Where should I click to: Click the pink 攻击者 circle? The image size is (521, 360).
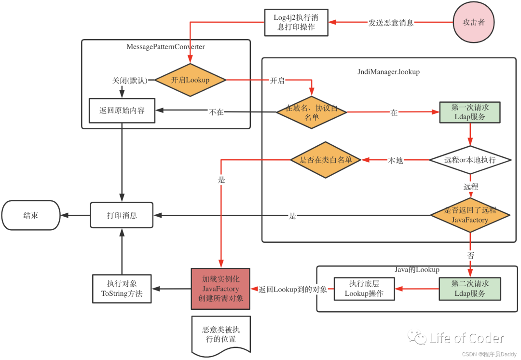pos(474,22)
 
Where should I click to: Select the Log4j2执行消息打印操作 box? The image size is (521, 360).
pos(296,22)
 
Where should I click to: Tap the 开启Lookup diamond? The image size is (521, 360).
pos(190,80)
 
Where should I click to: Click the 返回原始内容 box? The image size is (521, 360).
pos(122,111)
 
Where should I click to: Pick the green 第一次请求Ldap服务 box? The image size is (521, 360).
pos(470,112)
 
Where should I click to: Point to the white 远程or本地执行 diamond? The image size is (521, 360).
pos(470,160)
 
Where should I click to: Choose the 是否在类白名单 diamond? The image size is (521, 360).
pos(325,160)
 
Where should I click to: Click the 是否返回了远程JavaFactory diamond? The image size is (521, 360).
pos(470,215)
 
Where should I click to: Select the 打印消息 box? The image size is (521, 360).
pos(122,215)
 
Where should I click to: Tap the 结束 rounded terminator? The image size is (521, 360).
pos(31,215)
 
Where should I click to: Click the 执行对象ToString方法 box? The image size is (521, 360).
pos(122,289)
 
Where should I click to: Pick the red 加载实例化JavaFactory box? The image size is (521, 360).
pos(220,289)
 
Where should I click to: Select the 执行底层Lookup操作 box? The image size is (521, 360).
pos(364,289)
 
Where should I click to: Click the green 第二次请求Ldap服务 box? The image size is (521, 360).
pos(470,289)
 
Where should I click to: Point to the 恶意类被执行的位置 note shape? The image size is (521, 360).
pos(221,335)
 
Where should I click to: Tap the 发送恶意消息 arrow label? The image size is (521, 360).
pos(391,23)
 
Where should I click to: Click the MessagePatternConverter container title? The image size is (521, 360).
pos(165,47)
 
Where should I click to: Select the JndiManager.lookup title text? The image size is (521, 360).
pos(388,72)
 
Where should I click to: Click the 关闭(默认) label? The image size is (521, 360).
pos(130,81)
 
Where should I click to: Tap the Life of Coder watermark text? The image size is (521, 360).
pos(466,338)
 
